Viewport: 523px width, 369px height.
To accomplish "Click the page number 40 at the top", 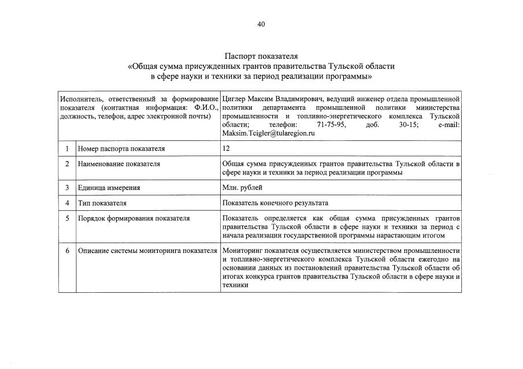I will tap(261, 24).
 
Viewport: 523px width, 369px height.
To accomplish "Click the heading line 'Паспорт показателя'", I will tap(261, 57).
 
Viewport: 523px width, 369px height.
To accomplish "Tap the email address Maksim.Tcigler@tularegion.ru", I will tap(268, 133).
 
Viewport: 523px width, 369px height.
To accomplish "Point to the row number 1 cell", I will tap(67, 148).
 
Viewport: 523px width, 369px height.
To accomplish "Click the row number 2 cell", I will tap(67, 164).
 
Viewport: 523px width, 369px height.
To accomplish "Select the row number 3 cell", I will tap(67, 188).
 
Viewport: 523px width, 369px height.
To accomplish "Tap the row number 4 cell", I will tap(67, 203).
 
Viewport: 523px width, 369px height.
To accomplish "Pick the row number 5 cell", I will tap(67, 218).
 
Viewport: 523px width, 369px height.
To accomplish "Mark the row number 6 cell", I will tap(67, 251).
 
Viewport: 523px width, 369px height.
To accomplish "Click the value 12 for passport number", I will tap(226, 148).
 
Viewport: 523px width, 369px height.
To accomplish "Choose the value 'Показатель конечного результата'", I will tap(275, 203).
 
